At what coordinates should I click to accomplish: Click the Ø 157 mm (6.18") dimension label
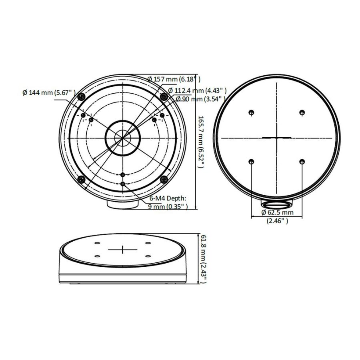click(x=174, y=79)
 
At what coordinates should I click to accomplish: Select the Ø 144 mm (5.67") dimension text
click(x=49, y=92)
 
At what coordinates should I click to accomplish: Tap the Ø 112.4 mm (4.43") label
click(x=198, y=90)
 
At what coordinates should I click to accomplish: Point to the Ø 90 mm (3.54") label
click(x=200, y=99)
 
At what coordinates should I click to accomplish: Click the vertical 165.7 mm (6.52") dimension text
click(x=201, y=142)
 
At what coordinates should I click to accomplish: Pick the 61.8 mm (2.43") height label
click(x=204, y=258)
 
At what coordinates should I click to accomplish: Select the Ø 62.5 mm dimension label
click(x=277, y=212)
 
